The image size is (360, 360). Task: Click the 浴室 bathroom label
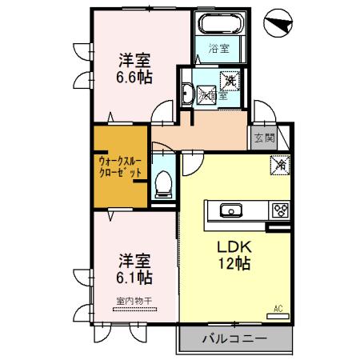point(220,48)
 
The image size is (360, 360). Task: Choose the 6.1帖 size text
point(134,278)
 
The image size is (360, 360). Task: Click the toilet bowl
point(164,185)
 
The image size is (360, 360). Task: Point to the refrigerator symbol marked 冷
point(281,164)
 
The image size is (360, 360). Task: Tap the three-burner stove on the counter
point(280,211)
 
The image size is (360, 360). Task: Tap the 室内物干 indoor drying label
point(134,301)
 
